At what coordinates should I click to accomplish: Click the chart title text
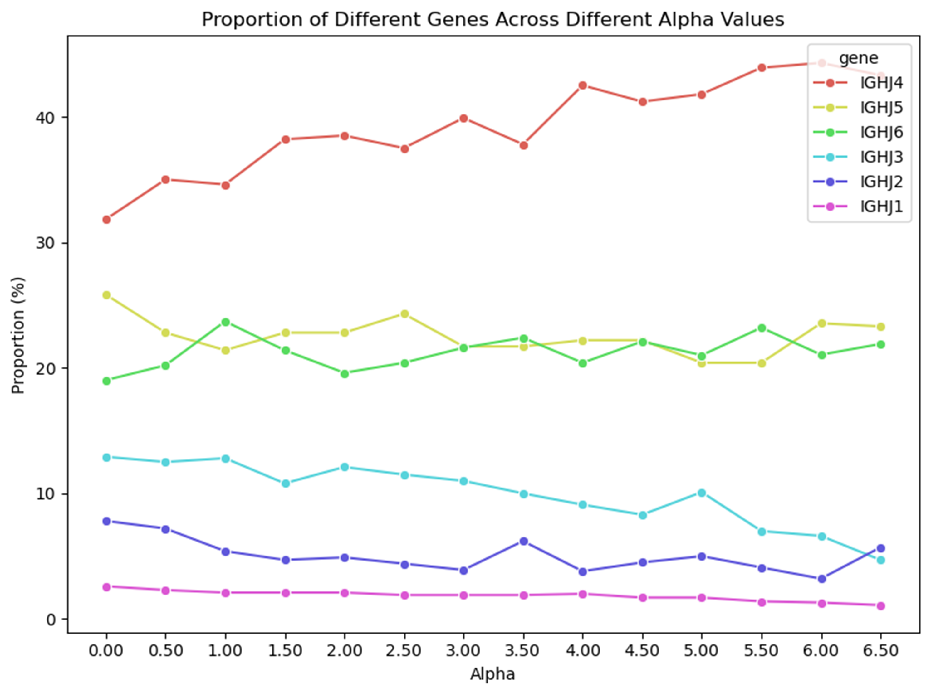493,20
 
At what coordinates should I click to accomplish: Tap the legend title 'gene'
859,58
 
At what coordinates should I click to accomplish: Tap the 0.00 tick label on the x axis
106,651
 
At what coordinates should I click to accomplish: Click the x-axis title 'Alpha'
492,674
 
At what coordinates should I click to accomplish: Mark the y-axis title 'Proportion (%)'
18,335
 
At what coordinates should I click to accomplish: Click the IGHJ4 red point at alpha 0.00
106,220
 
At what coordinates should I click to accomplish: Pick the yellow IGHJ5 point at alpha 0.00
106,295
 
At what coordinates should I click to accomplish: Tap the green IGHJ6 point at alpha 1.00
226,322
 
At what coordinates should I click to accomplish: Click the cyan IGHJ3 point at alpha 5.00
702,493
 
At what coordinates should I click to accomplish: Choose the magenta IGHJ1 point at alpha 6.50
880,606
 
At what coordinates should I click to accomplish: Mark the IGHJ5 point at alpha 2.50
404,314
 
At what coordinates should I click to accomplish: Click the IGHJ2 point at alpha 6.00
821,579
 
